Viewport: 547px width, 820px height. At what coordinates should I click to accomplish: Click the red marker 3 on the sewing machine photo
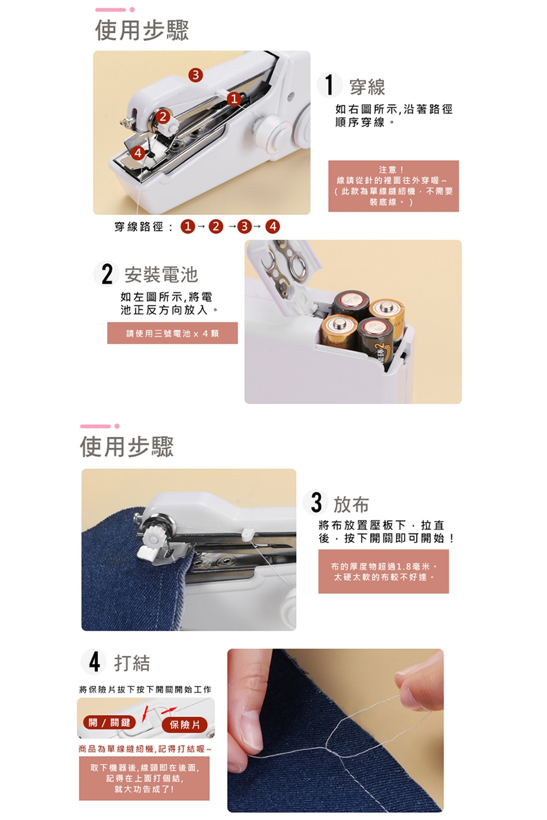click(x=195, y=75)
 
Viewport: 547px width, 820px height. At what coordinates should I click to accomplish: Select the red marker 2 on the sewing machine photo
click(x=163, y=117)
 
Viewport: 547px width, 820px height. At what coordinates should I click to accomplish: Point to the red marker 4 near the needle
click(x=138, y=153)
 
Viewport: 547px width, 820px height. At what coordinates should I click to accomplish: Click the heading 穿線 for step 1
click(x=367, y=87)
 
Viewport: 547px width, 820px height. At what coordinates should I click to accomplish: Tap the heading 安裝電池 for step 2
click(x=161, y=274)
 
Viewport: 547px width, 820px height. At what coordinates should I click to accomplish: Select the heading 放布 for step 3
click(x=351, y=505)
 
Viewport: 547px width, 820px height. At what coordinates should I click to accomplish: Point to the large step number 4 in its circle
click(x=94, y=662)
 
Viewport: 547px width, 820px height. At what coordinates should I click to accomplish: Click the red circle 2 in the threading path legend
click(x=215, y=227)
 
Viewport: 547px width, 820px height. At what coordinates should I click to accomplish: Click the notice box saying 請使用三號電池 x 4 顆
click(x=172, y=333)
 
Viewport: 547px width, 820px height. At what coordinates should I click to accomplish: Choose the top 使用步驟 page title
click(x=142, y=30)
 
